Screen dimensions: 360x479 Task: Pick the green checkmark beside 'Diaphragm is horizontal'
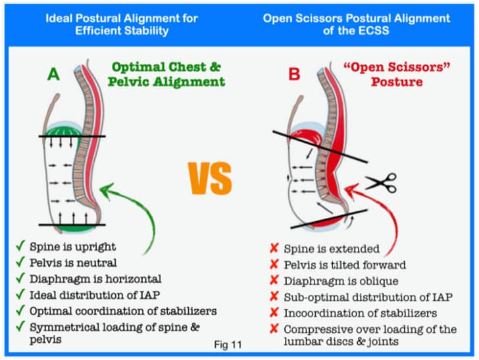pyautogui.click(x=20, y=278)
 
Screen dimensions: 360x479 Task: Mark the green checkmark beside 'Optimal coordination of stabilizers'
pyautogui.click(x=20, y=309)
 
